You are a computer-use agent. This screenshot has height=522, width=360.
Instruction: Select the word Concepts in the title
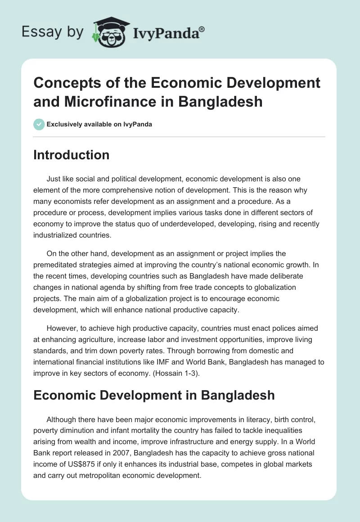(x=66, y=83)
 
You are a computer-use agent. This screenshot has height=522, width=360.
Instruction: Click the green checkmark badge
(x=40, y=124)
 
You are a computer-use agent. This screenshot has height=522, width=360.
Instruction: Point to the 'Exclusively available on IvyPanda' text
(x=99, y=124)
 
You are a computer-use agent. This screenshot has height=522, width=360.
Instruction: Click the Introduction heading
(x=72, y=155)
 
